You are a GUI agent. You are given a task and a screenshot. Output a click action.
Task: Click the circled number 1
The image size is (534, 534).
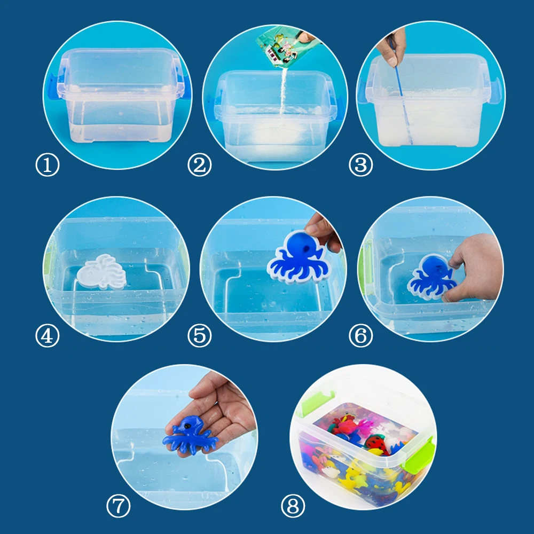click(x=48, y=166)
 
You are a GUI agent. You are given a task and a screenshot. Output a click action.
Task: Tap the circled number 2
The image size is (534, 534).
click(x=199, y=166)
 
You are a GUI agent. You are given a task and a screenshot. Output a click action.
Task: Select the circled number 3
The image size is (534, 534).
click(x=360, y=166)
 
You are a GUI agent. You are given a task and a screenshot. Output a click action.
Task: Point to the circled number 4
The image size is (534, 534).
click(x=48, y=335)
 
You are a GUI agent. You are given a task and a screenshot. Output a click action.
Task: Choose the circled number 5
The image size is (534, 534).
click(x=199, y=335)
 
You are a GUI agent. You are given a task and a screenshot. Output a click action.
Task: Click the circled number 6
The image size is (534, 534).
click(x=360, y=335)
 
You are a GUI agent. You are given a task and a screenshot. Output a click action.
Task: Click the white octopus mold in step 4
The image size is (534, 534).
click(x=103, y=272)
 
